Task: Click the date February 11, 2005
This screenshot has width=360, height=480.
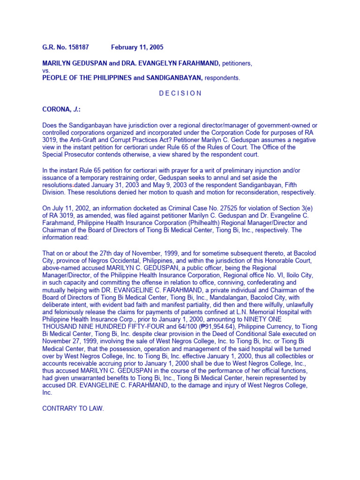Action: point(137,47)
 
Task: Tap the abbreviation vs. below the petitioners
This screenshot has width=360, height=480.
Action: point(46,70)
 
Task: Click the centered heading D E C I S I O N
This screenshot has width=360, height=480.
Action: point(180,93)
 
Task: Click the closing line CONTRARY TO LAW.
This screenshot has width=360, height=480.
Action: point(73,409)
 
